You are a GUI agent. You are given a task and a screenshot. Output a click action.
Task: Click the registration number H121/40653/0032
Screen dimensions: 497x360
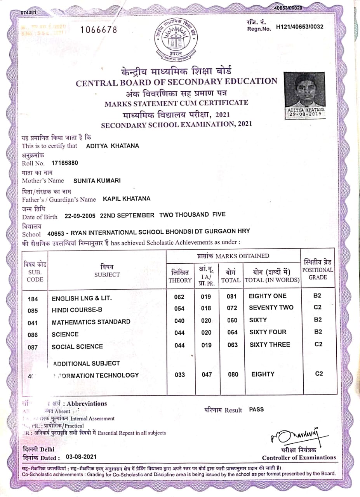tap(299, 27)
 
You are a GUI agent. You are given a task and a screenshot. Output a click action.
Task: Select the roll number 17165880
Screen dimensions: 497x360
tap(62, 163)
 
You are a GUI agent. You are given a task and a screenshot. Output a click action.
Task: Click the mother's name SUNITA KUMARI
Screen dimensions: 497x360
tap(97, 181)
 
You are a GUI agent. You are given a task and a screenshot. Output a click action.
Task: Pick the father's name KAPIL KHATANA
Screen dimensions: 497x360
tap(127, 199)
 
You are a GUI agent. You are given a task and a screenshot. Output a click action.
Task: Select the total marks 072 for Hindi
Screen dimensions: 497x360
tap(232, 308)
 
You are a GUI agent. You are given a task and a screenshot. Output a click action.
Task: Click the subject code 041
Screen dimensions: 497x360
tap(33, 322)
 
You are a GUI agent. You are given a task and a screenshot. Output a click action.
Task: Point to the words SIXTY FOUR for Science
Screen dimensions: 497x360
tap(268, 332)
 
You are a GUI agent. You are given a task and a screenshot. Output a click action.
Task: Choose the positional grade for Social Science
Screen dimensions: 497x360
tap(318, 344)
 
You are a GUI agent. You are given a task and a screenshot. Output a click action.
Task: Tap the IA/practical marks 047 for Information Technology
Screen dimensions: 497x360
tap(207, 375)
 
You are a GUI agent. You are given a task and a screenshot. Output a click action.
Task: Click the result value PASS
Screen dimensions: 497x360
tap(256, 409)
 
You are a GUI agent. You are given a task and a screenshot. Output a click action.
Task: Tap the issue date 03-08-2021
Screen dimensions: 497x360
tap(81, 457)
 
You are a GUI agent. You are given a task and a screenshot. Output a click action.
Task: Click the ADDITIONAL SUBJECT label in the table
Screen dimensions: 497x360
tap(86, 363)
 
